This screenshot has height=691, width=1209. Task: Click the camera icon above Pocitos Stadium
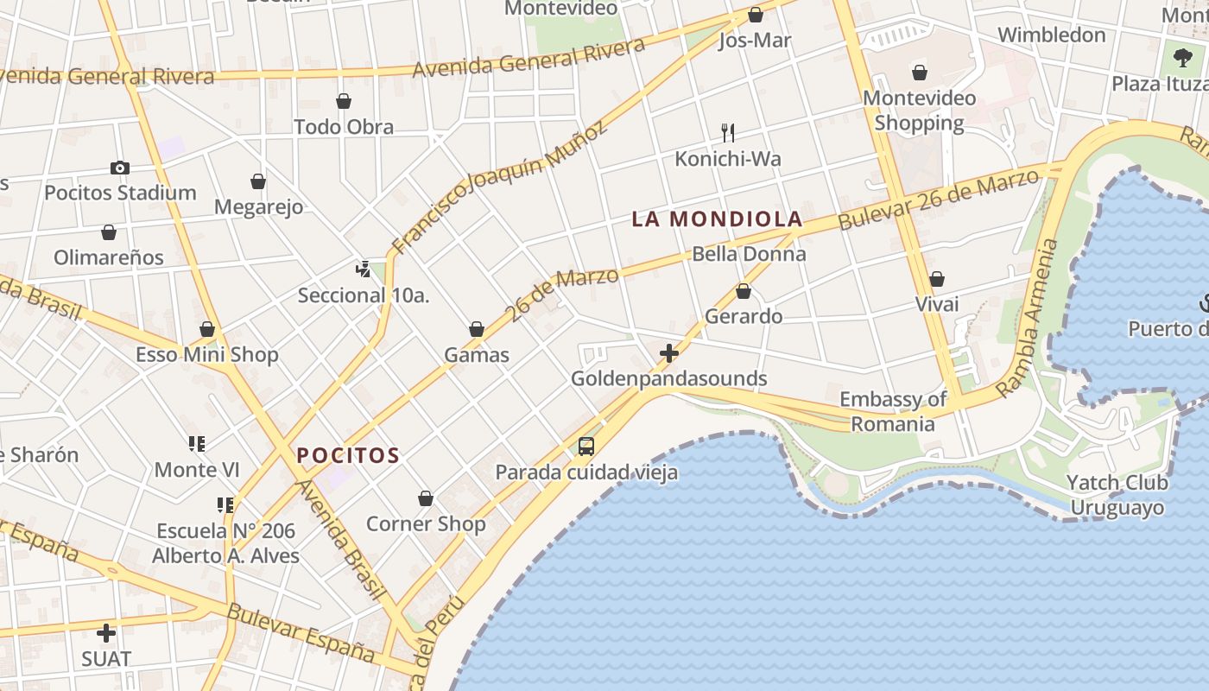(x=120, y=168)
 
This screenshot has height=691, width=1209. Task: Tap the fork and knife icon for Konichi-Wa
(x=728, y=133)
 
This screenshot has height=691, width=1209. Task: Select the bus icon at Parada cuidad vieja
(x=586, y=447)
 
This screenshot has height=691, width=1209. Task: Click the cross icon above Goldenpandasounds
(x=668, y=353)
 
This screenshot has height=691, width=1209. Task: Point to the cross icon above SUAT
(x=106, y=633)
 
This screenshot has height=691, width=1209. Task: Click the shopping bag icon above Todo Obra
(x=344, y=102)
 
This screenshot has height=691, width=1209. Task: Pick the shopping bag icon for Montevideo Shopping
(x=920, y=73)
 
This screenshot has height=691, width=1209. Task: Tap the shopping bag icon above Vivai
(x=937, y=279)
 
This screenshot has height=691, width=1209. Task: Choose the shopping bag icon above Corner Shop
(x=426, y=498)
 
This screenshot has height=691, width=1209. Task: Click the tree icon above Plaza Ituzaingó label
(x=1182, y=58)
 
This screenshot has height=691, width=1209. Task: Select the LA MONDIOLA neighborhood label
(x=718, y=219)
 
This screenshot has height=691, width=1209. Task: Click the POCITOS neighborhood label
(x=348, y=455)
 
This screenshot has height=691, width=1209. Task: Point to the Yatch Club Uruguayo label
(x=1117, y=495)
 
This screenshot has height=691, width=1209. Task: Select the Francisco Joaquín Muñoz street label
(x=500, y=187)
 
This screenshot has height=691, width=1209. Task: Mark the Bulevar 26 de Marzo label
(x=939, y=200)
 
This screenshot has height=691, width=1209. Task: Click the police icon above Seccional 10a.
(x=364, y=269)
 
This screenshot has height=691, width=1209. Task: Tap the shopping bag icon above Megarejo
(x=258, y=181)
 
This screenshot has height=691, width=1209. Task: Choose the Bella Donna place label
(x=749, y=254)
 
